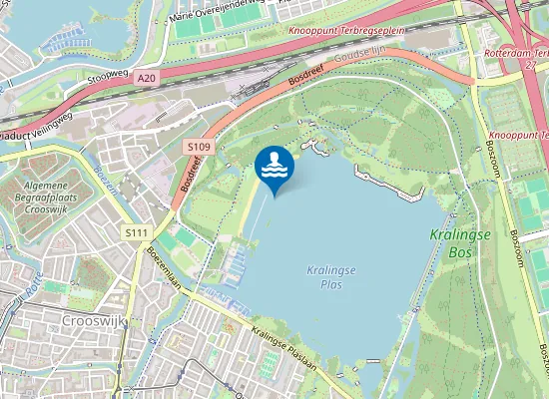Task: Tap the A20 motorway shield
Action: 148,77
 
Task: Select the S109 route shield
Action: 198,147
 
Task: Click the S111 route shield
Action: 137,232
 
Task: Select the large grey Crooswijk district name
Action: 91,321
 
